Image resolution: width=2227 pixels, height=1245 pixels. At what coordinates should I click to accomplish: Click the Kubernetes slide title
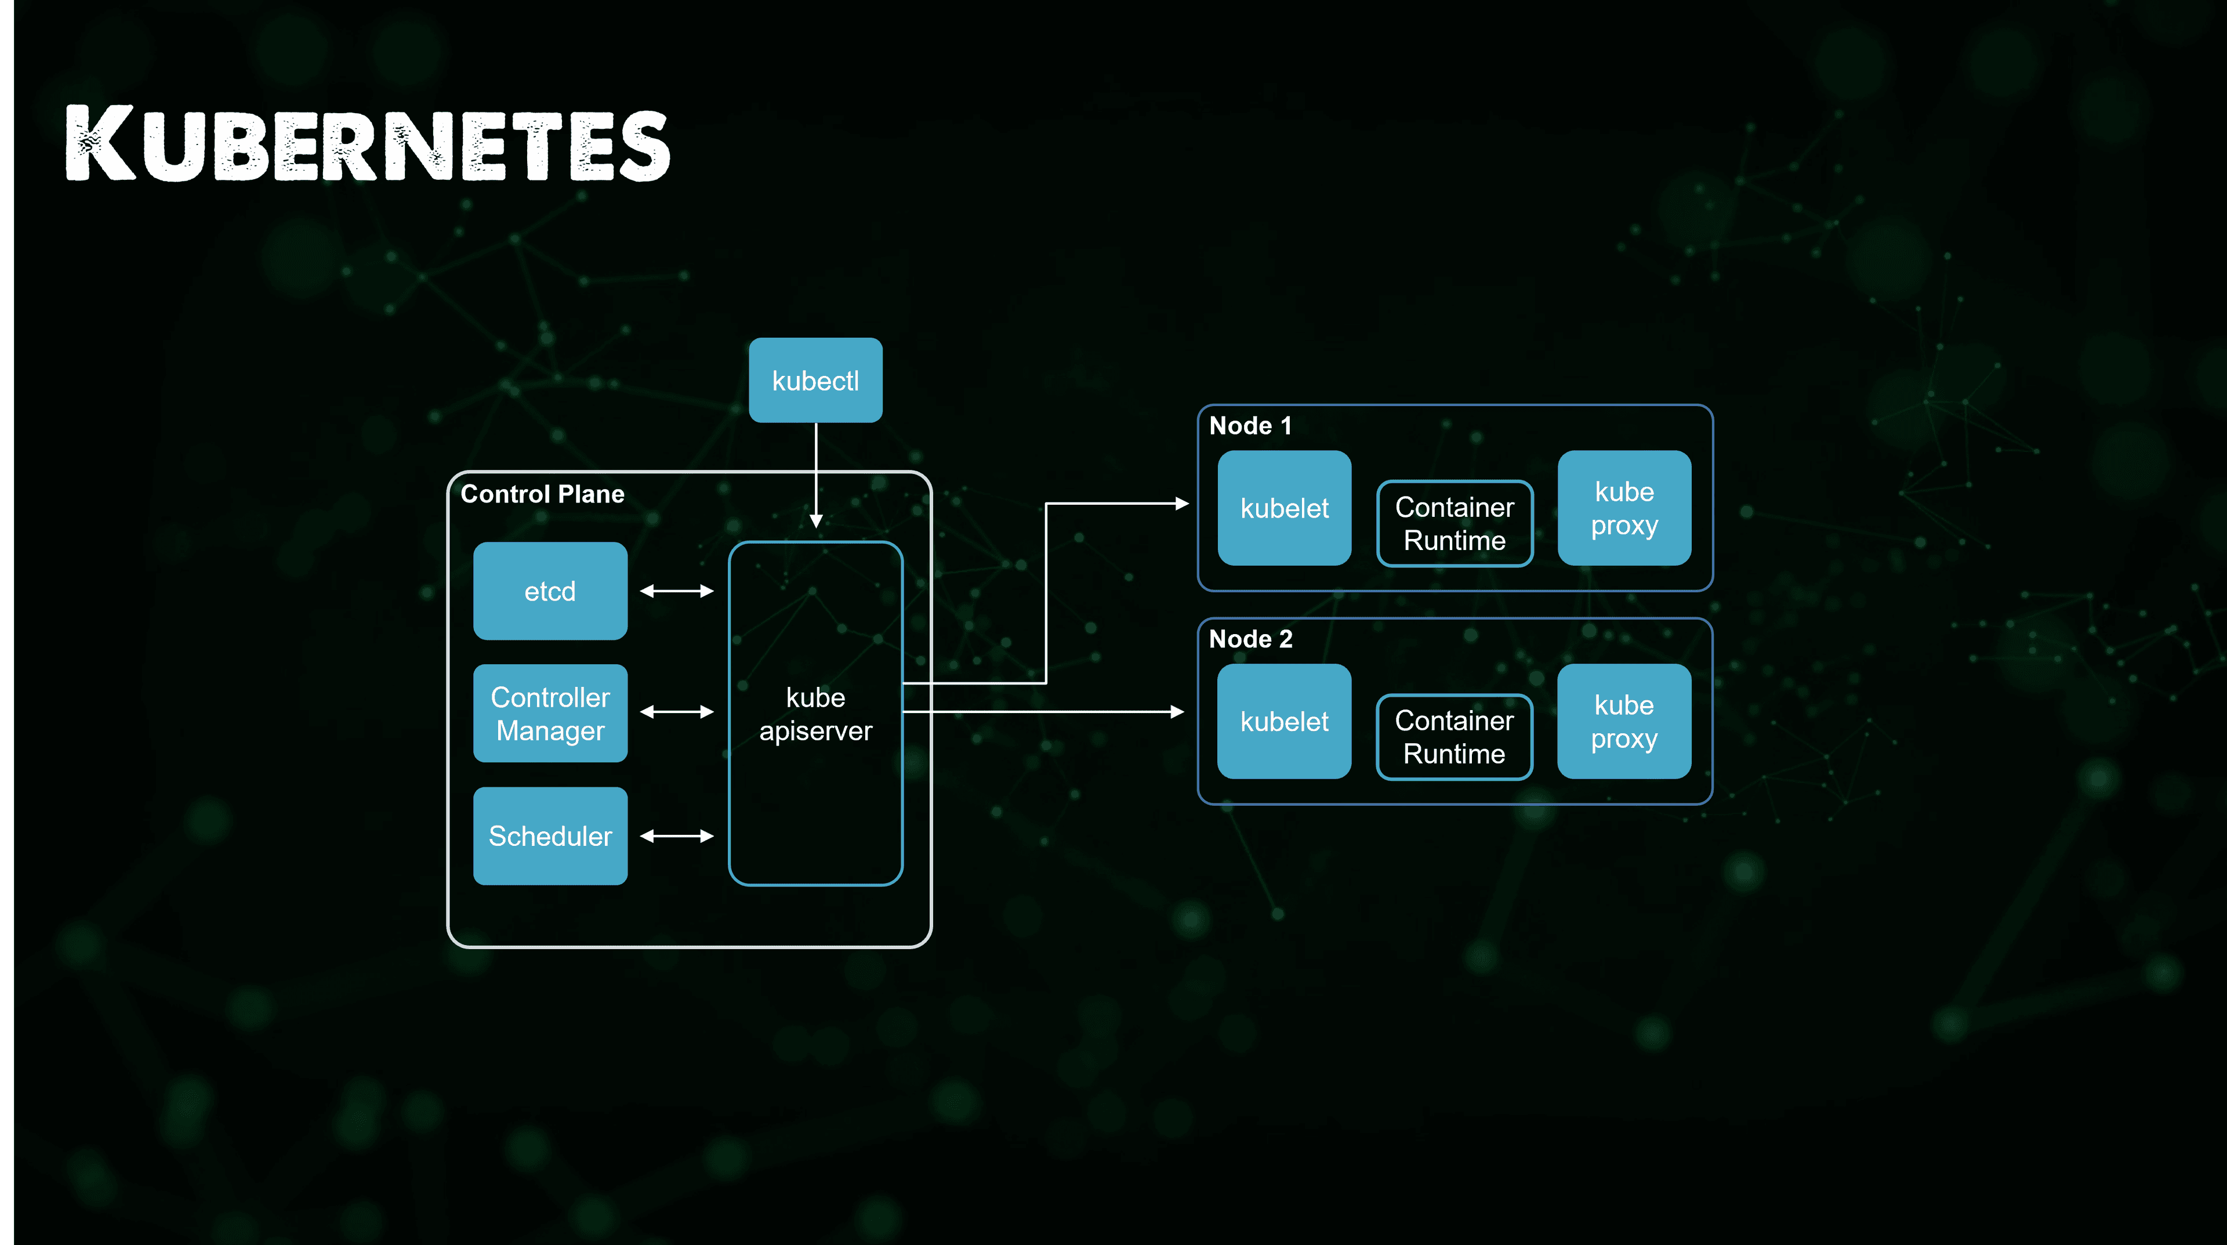click(x=368, y=143)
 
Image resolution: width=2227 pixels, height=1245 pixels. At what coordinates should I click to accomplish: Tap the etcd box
click(x=550, y=591)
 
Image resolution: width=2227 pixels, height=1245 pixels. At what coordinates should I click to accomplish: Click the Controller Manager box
click(x=550, y=713)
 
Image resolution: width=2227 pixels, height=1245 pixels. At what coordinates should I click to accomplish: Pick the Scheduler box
click(x=550, y=836)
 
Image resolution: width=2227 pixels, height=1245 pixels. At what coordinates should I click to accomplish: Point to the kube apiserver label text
click(x=815, y=714)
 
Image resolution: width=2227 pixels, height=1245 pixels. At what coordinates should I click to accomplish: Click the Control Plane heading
click(x=542, y=494)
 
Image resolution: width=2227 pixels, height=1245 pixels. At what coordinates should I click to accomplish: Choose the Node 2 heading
click(x=1250, y=639)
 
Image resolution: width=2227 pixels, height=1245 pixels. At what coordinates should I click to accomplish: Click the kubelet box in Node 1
click(x=1284, y=508)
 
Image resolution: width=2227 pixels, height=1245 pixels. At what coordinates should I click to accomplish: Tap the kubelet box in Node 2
click(x=1284, y=721)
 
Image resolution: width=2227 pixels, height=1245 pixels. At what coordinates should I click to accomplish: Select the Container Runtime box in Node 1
click(x=1454, y=523)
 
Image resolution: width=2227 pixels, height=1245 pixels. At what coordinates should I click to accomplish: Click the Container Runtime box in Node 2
click(x=1454, y=737)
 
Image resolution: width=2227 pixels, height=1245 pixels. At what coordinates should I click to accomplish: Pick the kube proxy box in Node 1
click(x=1624, y=508)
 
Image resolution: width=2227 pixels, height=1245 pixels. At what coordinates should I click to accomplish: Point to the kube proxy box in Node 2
click(x=1624, y=721)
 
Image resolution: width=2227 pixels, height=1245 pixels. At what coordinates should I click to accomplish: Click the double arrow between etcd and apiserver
click(x=677, y=591)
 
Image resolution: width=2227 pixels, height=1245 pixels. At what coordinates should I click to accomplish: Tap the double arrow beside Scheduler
click(x=677, y=836)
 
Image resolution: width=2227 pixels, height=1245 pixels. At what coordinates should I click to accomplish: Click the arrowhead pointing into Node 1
click(x=1183, y=503)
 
